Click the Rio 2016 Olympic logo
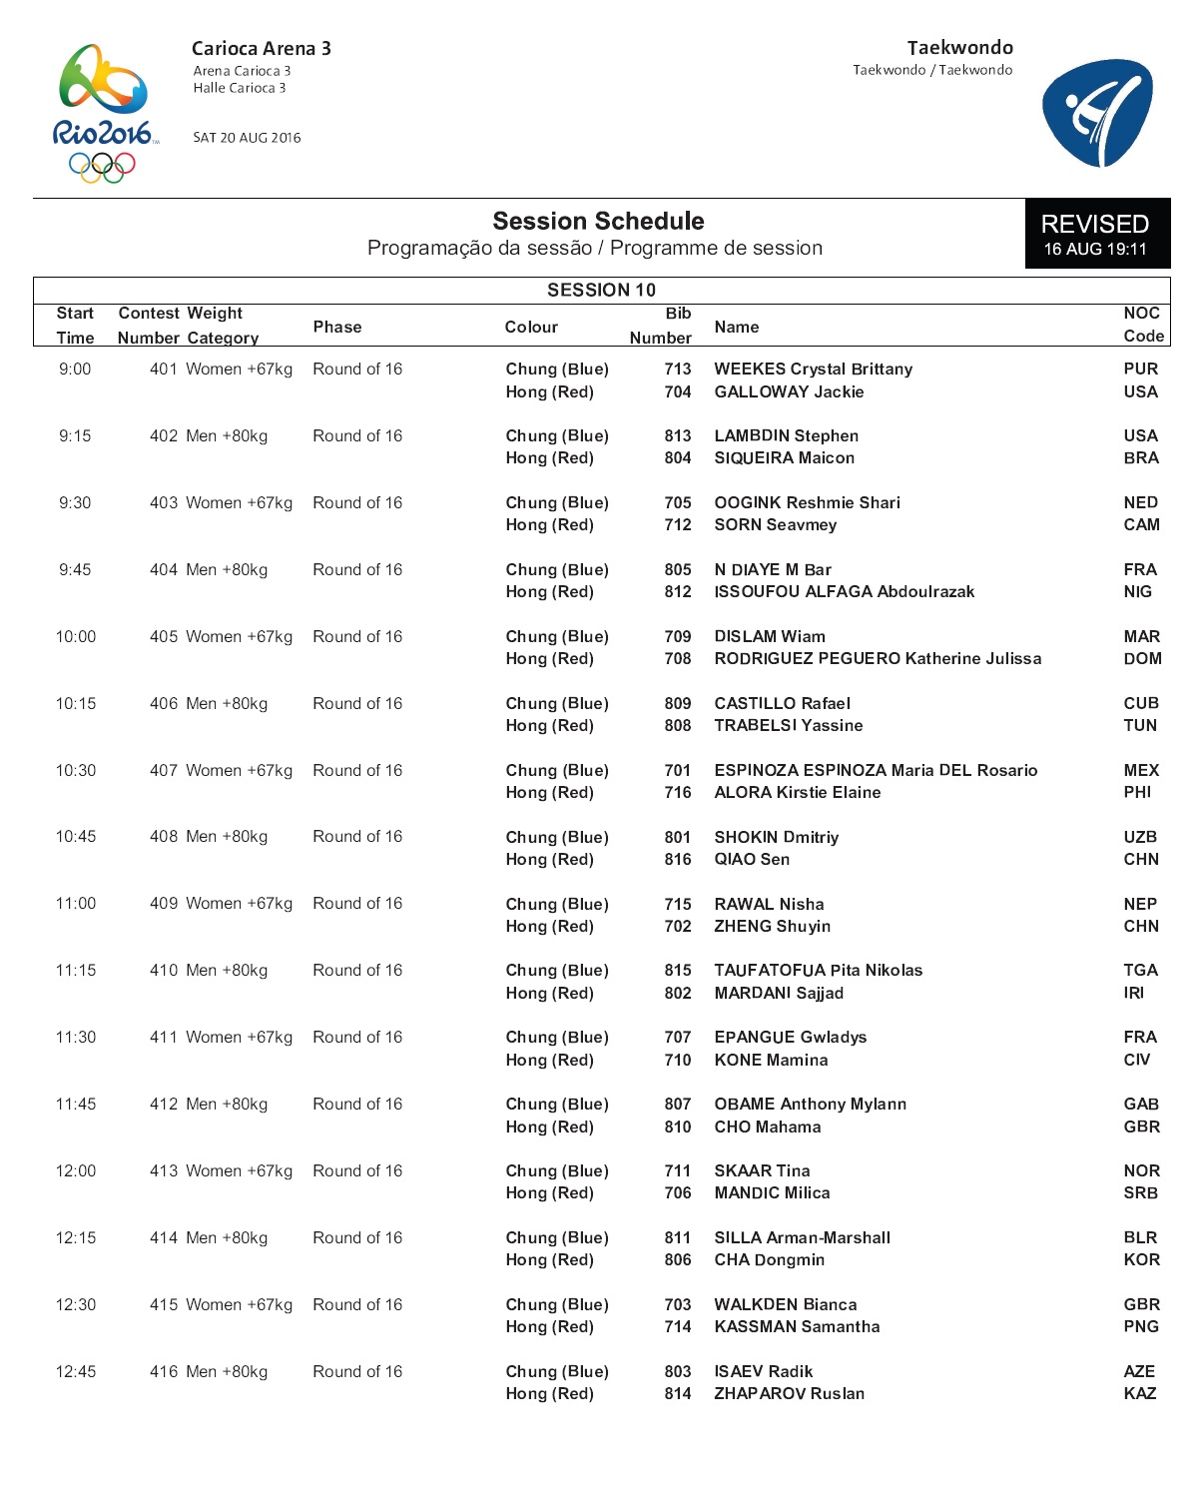[x=103, y=113]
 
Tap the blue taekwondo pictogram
[x=1096, y=112]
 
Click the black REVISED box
[x=1096, y=234]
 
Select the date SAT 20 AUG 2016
[x=247, y=138]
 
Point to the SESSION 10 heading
[x=601, y=290]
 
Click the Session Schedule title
[x=598, y=221]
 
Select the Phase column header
[x=337, y=327]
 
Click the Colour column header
[x=531, y=327]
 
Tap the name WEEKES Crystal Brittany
[x=813, y=369]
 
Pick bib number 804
[x=678, y=457]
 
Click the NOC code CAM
[x=1141, y=524]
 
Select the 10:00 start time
[x=76, y=636]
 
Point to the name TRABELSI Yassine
[x=788, y=725]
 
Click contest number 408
[x=164, y=836]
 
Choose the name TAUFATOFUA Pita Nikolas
[x=818, y=970]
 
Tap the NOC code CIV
[x=1136, y=1060]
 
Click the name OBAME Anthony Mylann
[x=810, y=1104]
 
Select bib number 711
[x=678, y=1170]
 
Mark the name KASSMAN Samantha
[x=797, y=1326]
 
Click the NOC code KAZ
[x=1139, y=1393]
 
